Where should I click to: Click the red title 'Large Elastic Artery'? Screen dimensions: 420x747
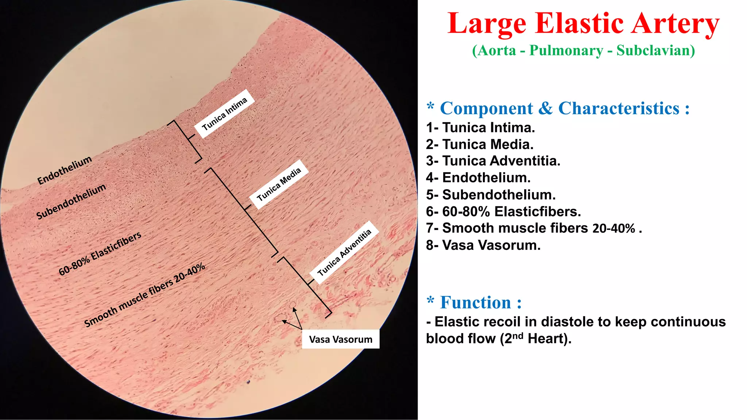click(583, 24)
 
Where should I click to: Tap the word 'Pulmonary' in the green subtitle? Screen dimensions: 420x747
click(566, 50)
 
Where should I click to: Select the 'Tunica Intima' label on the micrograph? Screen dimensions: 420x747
click(224, 114)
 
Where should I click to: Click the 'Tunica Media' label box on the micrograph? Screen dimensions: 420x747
click(279, 184)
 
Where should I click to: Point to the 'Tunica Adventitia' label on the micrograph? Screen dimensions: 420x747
click(344, 252)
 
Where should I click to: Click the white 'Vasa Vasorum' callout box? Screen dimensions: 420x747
click(341, 339)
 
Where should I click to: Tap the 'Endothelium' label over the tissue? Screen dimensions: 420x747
click(65, 170)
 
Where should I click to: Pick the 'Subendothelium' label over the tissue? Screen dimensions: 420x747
click(71, 202)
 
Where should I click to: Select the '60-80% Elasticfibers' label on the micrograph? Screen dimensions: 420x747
click(100, 254)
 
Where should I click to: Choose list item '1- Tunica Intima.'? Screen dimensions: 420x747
click(480, 128)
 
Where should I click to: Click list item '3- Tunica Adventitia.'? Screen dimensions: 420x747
click(493, 161)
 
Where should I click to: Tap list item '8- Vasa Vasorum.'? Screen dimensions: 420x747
click(483, 245)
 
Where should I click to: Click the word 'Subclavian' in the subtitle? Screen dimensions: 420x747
click(655, 50)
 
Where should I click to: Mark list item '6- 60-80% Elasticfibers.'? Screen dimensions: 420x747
click(503, 211)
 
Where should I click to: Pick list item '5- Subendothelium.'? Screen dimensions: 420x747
click(491, 195)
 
